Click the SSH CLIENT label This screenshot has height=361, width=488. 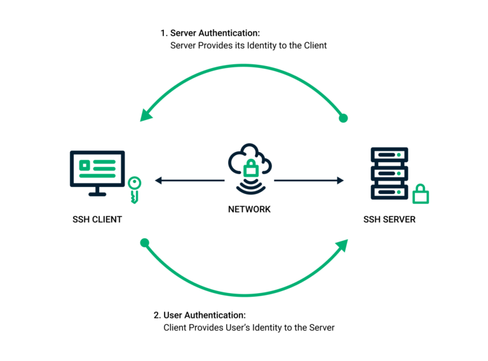click(x=97, y=219)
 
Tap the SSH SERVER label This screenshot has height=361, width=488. click(x=390, y=219)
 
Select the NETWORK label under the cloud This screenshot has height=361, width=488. click(x=249, y=209)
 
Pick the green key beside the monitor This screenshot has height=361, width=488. click(x=134, y=189)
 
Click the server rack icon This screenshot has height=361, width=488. click(x=389, y=173)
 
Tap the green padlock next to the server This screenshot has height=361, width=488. click(x=420, y=193)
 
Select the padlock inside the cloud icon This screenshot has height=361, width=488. click(x=250, y=169)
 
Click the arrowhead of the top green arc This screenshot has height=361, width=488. click(x=147, y=114)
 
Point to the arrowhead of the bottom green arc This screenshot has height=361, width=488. click(x=341, y=246)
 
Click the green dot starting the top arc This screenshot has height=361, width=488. click(x=344, y=118)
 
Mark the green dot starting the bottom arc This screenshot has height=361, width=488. click(x=144, y=242)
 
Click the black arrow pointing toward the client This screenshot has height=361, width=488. click(x=159, y=180)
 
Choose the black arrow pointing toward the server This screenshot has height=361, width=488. click(x=339, y=180)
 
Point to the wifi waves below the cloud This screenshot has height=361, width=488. click(x=250, y=188)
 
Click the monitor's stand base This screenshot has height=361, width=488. click(x=97, y=193)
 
